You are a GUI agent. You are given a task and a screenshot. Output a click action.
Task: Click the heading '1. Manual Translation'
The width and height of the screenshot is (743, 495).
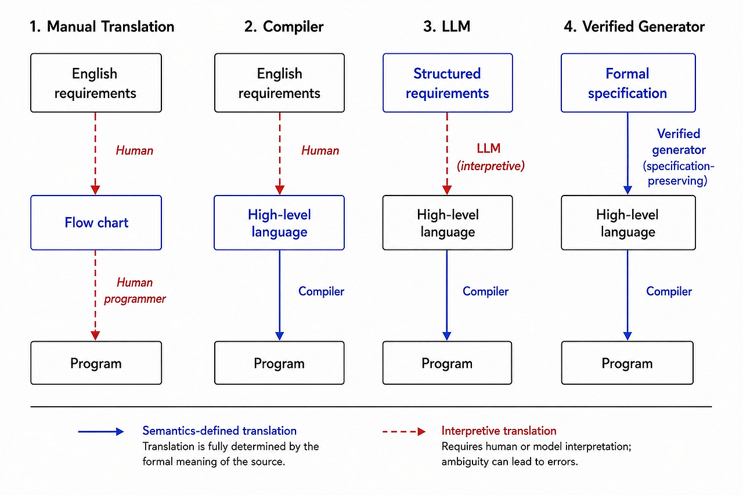102,27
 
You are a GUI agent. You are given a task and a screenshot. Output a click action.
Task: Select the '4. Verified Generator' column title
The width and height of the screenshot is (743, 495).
634,27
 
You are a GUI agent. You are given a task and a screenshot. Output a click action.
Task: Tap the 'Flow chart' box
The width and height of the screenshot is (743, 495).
96,222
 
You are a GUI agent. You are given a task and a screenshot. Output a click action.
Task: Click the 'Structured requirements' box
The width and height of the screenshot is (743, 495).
448,83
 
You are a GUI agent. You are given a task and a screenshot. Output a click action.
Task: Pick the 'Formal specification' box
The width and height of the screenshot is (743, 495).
628,83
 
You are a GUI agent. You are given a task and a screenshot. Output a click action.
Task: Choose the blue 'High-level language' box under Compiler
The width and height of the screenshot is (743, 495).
279,222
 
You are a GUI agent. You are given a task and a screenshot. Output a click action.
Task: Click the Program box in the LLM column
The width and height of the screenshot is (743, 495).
447,363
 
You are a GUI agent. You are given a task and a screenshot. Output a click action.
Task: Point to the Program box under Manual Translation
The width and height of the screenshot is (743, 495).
96,363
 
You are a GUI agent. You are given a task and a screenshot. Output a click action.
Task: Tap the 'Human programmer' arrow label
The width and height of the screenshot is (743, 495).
135,291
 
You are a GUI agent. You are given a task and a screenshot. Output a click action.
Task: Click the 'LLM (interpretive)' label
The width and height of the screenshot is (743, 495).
490,157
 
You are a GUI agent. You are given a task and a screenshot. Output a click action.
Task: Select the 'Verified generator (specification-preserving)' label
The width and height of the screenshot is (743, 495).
679,157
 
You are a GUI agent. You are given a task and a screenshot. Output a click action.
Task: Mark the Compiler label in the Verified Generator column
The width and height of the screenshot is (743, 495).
669,291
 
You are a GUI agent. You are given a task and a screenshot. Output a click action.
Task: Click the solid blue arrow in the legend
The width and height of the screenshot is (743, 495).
101,431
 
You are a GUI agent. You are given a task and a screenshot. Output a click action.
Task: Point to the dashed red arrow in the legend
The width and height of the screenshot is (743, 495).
404,431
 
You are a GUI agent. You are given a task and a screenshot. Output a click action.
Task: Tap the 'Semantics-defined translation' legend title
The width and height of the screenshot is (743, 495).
219,431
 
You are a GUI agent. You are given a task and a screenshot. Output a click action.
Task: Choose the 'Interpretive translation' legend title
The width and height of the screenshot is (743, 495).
499,431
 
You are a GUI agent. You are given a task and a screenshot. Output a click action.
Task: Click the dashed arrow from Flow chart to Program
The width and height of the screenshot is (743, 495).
96,295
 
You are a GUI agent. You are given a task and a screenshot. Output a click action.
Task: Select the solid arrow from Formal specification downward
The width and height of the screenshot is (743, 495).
627,154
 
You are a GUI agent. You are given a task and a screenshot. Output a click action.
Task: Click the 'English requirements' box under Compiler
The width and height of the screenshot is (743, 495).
279,83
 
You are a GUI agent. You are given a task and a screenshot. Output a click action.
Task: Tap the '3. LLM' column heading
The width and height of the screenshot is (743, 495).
446,27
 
